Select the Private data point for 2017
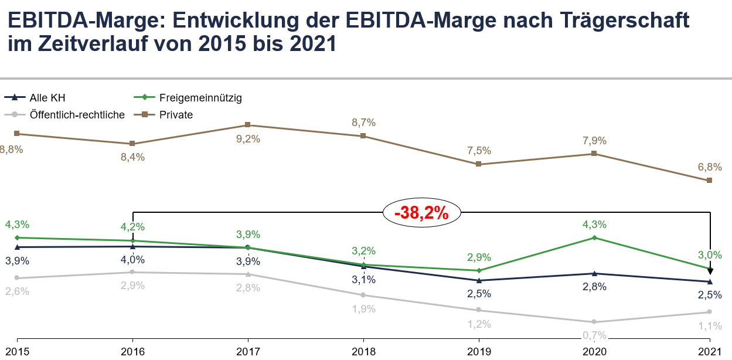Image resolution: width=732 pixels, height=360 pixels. (248, 125)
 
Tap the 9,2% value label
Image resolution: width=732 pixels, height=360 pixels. (248, 139)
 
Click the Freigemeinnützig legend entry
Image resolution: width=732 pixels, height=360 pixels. (200, 97)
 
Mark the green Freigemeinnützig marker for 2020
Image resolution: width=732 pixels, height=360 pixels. (594, 237)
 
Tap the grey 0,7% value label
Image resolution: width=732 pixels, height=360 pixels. (594, 336)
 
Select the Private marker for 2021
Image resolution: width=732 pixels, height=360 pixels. (710, 180)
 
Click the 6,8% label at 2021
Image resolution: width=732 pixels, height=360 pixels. (710, 167)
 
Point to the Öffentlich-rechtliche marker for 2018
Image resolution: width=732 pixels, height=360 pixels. (363, 295)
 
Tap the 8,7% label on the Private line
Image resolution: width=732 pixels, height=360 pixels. (363, 123)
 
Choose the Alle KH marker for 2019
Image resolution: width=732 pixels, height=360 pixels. (479, 280)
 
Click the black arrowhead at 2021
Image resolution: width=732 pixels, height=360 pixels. (710, 271)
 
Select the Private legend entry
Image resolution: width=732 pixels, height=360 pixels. (176, 115)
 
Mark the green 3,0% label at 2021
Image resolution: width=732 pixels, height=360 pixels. (710, 255)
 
